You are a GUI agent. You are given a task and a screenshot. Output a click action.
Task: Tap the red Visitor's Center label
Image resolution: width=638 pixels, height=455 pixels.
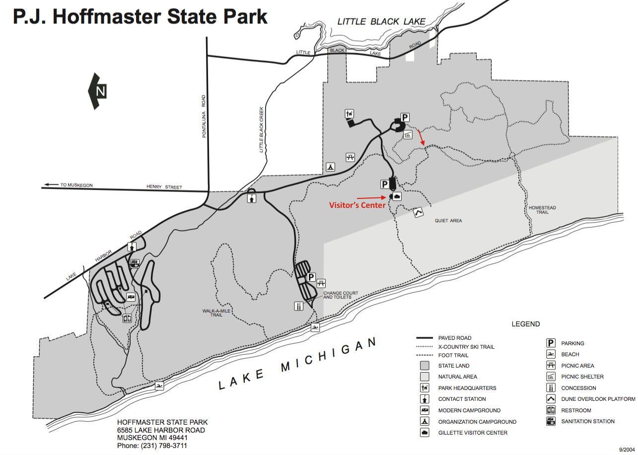pos(357,205)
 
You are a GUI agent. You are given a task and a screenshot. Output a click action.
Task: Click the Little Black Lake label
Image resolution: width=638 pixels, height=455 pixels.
pos(382,21)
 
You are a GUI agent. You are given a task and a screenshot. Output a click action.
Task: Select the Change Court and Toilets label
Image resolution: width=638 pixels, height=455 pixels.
pos(341,295)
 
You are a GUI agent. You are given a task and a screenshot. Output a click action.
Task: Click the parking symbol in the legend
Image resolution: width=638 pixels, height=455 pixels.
pos(551,343)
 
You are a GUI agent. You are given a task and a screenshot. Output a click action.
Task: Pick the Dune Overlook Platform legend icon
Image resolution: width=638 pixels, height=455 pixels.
pos(551,399)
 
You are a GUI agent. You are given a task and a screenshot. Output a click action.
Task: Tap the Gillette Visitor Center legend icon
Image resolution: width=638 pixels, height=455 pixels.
pos(425,433)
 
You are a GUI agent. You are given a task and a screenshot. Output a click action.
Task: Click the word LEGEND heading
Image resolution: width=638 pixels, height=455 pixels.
pos(525,324)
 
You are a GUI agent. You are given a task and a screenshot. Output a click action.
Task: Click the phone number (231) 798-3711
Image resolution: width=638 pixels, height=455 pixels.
pos(152,446)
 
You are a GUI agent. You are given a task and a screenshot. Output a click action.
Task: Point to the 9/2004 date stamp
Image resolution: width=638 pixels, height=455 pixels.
pos(627,449)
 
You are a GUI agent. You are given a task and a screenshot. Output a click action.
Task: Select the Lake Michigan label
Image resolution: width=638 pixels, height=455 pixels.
pos(298,365)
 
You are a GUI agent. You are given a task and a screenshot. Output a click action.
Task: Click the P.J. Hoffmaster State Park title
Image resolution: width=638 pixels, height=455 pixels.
pos(140,16)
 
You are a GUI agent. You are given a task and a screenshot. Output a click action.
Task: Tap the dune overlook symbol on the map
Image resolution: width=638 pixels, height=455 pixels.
pos(419,213)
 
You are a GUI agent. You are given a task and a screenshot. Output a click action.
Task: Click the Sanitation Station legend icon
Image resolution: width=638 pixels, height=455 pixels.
pos(551,421)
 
